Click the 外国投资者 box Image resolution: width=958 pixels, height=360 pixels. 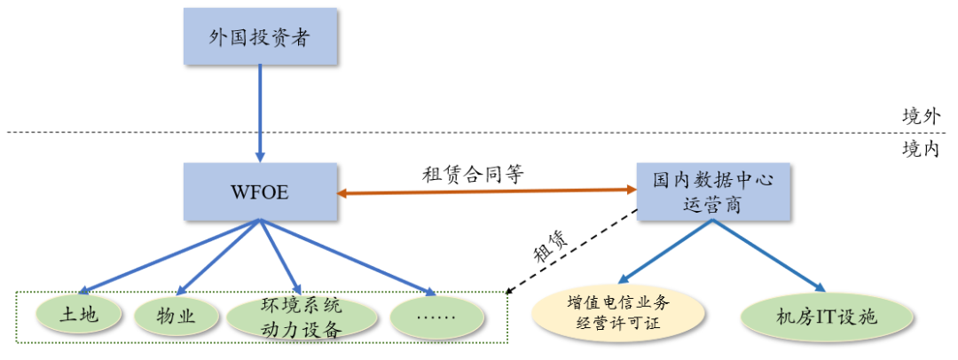[x=260, y=36]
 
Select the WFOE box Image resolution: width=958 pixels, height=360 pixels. [x=260, y=192]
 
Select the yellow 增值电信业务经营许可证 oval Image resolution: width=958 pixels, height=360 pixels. [x=618, y=313]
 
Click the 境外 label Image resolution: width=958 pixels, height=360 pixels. [x=920, y=115]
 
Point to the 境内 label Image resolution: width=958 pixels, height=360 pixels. [x=920, y=149]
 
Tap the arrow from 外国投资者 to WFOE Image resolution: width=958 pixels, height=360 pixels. [x=260, y=111]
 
